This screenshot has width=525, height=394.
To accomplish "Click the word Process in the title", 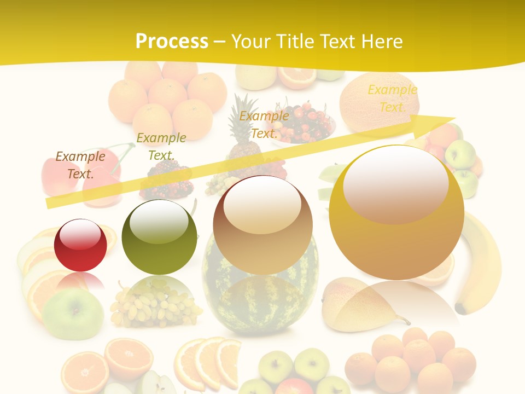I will pyautogui.click(x=172, y=42).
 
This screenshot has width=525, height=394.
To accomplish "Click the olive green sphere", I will pyautogui.click(x=159, y=237).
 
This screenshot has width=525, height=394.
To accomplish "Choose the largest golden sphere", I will pyautogui.click(x=396, y=212).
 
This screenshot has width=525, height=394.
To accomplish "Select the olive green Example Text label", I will pyautogui.click(x=161, y=146).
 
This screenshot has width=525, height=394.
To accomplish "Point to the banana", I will pyautogui.click(x=481, y=268).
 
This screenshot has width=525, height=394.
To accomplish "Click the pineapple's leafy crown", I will pyautogui.click(x=246, y=112).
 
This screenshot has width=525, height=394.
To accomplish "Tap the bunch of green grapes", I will pyautogui.click(x=153, y=306).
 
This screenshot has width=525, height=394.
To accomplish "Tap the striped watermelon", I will pyautogui.click(x=260, y=296).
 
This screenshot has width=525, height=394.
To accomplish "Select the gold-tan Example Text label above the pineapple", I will pyautogui.click(x=264, y=124).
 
